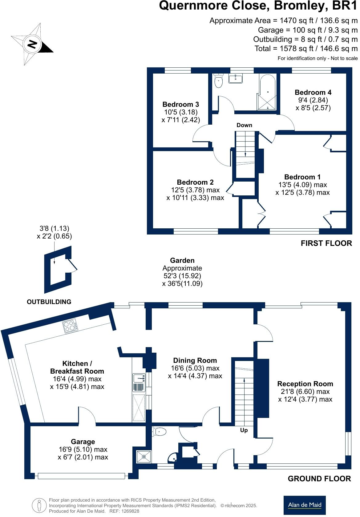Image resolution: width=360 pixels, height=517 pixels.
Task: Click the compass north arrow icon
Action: point(32,44)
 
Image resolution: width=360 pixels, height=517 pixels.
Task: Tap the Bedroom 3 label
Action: point(180,104)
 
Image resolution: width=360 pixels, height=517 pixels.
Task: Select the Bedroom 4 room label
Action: point(313,92)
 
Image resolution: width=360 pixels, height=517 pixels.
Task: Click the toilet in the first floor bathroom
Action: point(218,81)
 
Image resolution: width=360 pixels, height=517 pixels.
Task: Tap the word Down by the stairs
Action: point(244,125)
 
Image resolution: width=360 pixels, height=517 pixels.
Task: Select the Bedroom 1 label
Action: point(302,177)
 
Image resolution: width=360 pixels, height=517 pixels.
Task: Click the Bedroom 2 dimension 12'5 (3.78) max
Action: point(195,190)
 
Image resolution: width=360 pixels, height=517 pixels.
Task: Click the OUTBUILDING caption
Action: point(49,302)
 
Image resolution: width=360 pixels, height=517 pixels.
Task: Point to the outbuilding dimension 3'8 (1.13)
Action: point(54,228)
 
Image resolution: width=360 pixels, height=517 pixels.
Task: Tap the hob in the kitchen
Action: point(70,327)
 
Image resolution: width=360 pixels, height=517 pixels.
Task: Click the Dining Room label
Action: point(195,360)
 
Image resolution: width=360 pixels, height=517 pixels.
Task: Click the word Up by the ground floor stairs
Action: point(244,430)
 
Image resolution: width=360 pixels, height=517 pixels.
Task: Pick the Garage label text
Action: point(83,442)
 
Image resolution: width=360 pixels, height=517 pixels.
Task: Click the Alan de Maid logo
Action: point(304,505)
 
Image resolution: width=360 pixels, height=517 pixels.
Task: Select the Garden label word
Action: point(182,260)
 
